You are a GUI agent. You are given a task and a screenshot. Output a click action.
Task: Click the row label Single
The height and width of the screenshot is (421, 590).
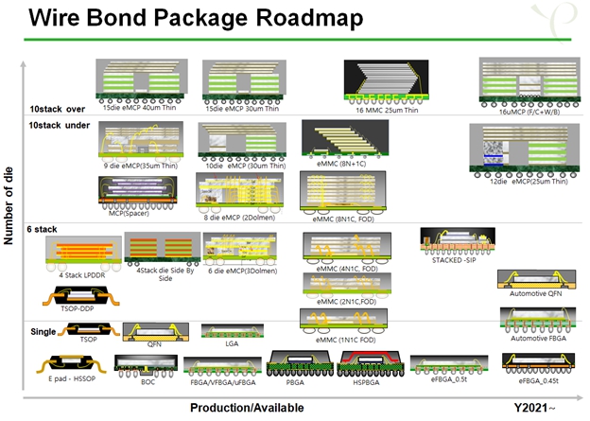[x=43, y=331]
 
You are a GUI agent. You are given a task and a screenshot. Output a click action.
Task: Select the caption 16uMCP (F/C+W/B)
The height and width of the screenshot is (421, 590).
[x=523, y=111]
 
